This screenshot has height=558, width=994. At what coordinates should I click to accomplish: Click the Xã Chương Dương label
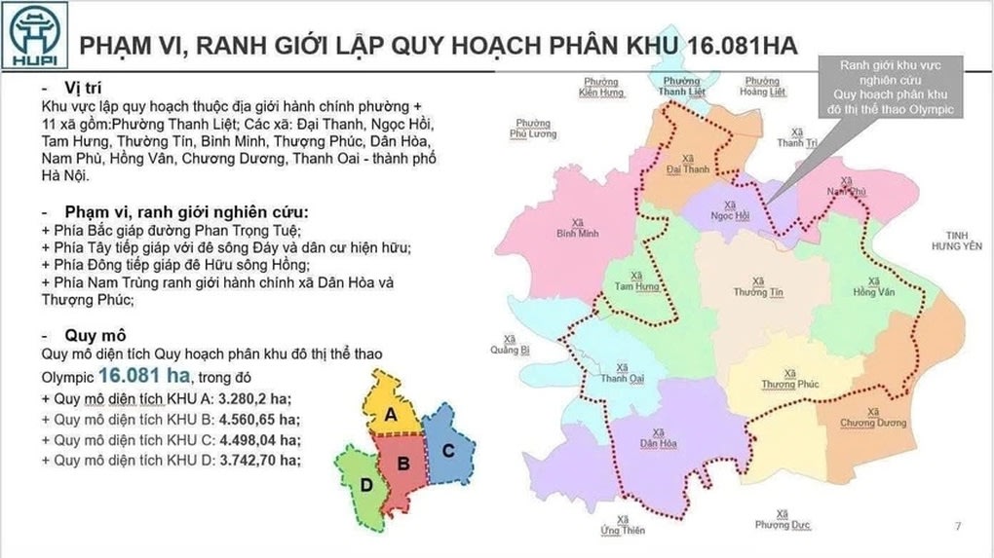click(x=872, y=417)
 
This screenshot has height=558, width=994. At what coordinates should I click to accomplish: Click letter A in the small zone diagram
click(x=391, y=414)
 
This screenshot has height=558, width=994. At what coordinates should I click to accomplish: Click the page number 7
click(x=958, y=527)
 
